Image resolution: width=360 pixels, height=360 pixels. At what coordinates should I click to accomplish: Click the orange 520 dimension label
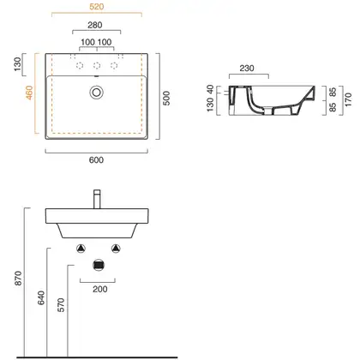[x=96, y=7]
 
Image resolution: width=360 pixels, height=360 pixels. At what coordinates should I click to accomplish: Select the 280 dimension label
[x=95, y=25]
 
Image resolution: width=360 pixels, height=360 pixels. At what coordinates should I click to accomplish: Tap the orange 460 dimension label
[x=29, y=93]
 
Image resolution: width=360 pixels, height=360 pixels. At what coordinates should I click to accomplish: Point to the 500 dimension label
[x=166, y=99]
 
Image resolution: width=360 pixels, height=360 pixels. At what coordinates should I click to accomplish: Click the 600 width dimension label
[x=96, y=160]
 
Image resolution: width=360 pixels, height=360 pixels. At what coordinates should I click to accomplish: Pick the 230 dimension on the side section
[x=247, y=69]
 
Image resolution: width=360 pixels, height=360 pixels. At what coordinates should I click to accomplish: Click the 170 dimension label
[x=348, y=100]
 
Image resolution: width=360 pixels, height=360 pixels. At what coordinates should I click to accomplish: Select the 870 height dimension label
[x=18, y=279]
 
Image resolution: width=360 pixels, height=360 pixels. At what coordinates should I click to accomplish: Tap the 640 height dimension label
[x=41, y=297]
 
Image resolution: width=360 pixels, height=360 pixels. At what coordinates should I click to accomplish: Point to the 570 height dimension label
[x=61, y=305]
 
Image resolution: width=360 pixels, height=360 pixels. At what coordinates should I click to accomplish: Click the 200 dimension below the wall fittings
[x=100, y=289]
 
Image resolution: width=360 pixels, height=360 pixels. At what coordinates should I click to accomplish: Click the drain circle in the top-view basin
[x=96, y=92]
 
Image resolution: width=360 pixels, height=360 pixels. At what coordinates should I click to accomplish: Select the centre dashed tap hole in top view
[x=97, y=66]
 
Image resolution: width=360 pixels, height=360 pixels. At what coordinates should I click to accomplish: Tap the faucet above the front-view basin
[x=97, y=199]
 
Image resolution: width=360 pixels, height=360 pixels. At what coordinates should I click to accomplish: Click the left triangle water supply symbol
[x=81, y=249]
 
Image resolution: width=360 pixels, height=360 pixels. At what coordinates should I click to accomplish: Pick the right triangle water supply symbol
[x=116, y=249]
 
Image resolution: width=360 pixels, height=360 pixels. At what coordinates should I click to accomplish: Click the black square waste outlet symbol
[x=99, y=265]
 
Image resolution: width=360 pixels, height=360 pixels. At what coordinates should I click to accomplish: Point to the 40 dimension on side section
[x=210, y=89]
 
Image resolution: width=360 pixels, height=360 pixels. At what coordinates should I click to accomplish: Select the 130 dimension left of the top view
[x=17, y=64]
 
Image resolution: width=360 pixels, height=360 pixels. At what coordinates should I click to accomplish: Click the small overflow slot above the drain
[x=96, y=76]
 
